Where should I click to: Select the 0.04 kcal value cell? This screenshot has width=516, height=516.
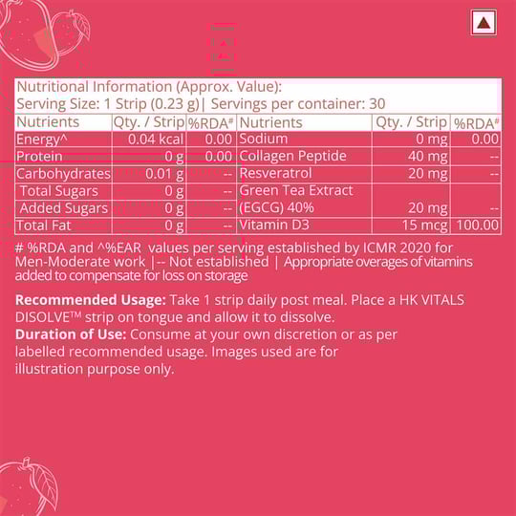[156, 140]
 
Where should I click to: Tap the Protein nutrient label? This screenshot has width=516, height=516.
[39, 157]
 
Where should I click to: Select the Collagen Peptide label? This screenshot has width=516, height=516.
[292, 157]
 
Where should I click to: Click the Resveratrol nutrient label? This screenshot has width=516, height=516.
[277, 174]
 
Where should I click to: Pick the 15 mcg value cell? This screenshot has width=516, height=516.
[424, 226]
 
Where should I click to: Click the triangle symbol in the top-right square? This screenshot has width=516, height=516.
[484, 23]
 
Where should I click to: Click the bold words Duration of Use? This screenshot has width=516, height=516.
[69, 334]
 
